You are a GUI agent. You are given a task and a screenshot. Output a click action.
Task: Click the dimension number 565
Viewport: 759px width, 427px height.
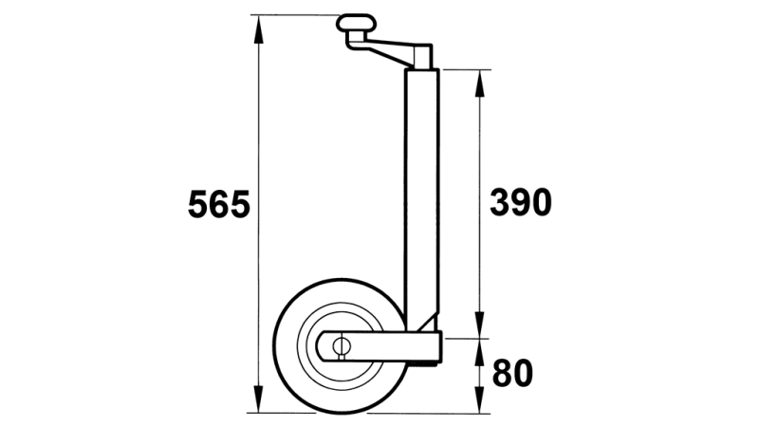(218, 205)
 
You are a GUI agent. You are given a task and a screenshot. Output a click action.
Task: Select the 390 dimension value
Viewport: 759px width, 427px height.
(519, 202)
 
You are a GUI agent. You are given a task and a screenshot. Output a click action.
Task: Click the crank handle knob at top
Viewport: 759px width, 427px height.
(357, 23)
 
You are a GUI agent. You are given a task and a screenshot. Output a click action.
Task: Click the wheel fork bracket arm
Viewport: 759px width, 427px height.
(389, 345)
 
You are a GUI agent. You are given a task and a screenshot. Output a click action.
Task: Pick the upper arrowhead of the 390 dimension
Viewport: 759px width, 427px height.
(480, 80)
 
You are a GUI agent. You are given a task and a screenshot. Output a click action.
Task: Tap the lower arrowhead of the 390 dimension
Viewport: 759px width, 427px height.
(480, 327)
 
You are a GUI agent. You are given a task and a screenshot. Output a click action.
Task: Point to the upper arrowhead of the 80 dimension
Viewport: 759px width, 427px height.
(480, 349)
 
